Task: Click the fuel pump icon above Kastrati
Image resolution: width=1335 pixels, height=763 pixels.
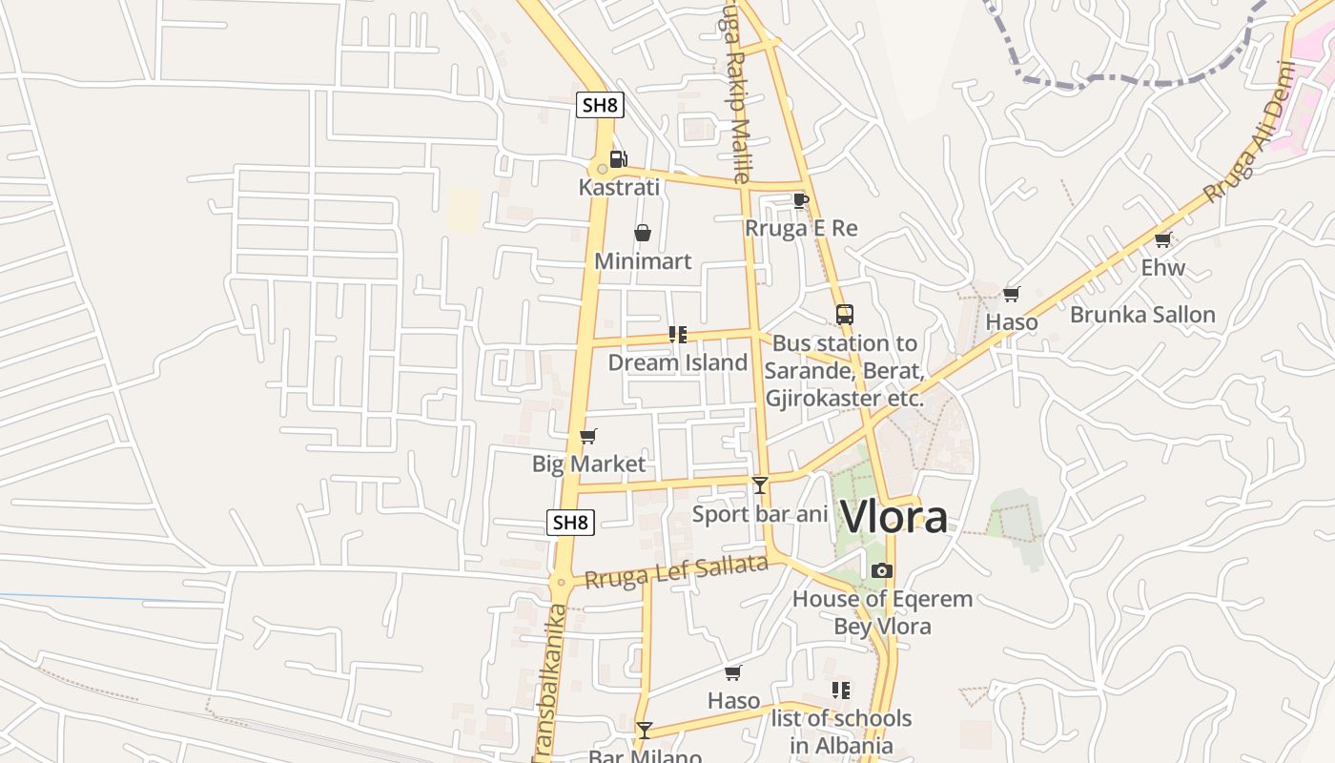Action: click(618, 159)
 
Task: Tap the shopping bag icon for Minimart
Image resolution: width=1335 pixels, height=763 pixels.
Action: click(643, 233)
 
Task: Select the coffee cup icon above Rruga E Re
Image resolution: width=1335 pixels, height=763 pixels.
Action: click(800, 200)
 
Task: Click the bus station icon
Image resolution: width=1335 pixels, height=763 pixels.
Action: click(844, 314)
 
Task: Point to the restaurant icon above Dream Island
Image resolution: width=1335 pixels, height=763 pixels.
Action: click(678, 335)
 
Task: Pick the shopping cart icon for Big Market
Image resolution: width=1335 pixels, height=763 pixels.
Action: click(588, 436)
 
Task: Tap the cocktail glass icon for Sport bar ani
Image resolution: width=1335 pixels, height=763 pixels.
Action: click(759, 485)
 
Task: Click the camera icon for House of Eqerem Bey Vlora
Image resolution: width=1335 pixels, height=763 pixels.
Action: click(882, 570)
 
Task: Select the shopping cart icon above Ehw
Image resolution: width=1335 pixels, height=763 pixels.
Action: click(1162, 239)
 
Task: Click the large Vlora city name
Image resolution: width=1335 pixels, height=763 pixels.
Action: click(894, 518)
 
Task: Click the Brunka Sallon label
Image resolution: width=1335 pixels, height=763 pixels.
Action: click(1142, 315)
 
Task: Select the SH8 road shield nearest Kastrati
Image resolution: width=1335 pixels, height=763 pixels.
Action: click(600, 105)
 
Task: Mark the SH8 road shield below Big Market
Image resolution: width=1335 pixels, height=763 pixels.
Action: click(571, 522)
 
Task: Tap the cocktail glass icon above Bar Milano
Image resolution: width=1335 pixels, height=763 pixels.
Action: click(645, 731)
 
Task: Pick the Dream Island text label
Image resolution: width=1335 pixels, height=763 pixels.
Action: click(677, 362)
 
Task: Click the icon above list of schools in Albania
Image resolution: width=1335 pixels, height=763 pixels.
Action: click(840, 690)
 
